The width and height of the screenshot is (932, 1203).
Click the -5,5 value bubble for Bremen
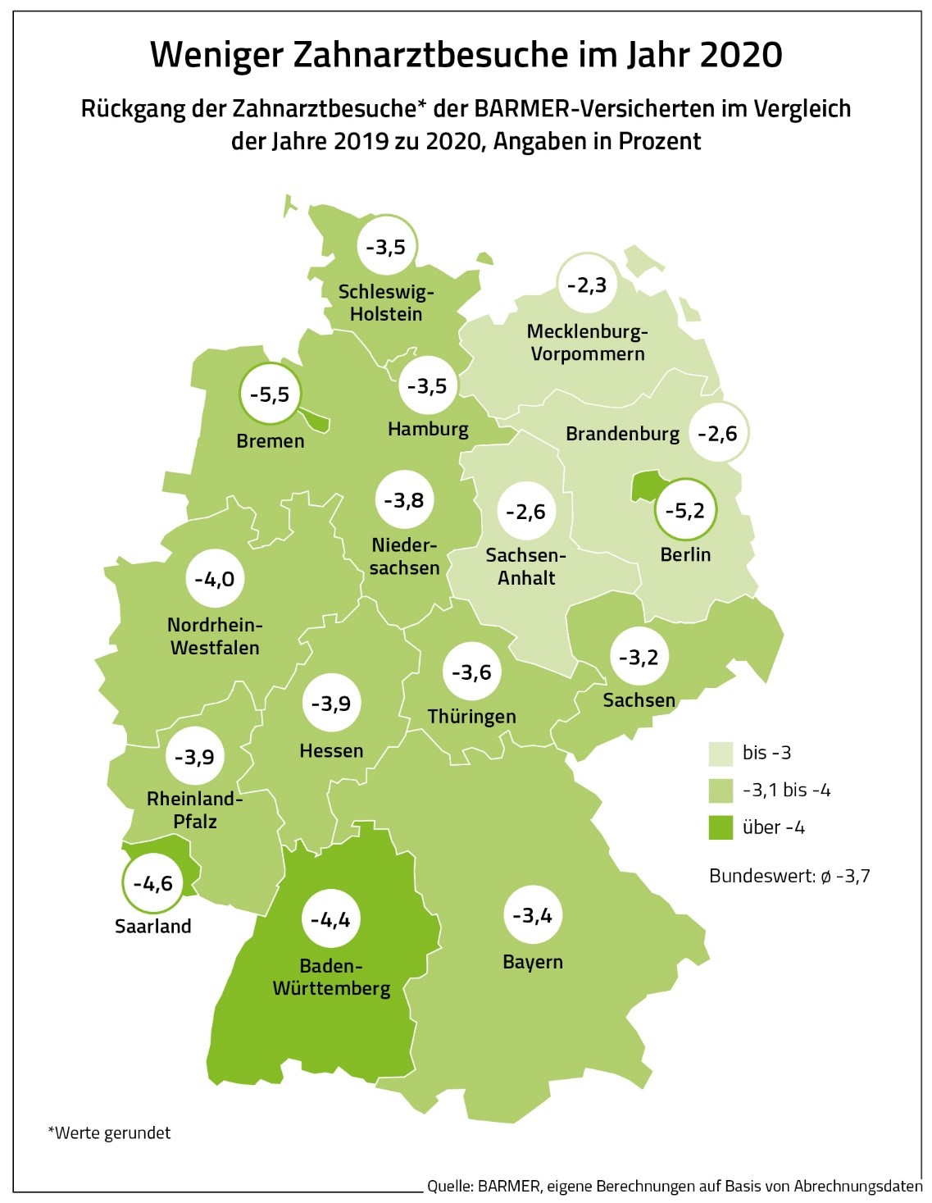click(x=270, y=394)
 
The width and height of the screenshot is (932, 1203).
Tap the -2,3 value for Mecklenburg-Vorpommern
click(x=587, y=285)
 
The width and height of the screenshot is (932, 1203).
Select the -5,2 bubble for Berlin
click(x=684, y=511)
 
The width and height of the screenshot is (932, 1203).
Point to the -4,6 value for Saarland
click(x=153, y=883)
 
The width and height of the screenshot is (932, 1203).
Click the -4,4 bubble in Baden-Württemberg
click(x=330, y=919)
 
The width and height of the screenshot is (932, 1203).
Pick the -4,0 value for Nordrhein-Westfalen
click(x=215, y=579)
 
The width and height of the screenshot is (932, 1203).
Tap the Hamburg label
click(x=428, y=429)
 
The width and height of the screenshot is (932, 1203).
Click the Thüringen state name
click(x=471, y=717)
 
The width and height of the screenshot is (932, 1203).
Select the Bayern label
click(x=533, y=962)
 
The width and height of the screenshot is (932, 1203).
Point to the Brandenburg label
click(x=622, y=434)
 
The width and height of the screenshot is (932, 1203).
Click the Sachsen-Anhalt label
click(x=526, y=567)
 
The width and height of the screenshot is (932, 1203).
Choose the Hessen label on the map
click(x=331, y=750)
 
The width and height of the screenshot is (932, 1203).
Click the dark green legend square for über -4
click(x=721, y=827)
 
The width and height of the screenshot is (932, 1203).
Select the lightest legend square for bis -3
click(x=721, y=753)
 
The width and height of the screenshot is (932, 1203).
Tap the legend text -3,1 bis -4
click(x=786, y=791)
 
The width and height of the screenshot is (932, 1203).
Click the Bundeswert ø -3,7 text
click(x=789, y=876)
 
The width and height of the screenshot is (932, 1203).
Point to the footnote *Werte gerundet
click(x=110, y=1132)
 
